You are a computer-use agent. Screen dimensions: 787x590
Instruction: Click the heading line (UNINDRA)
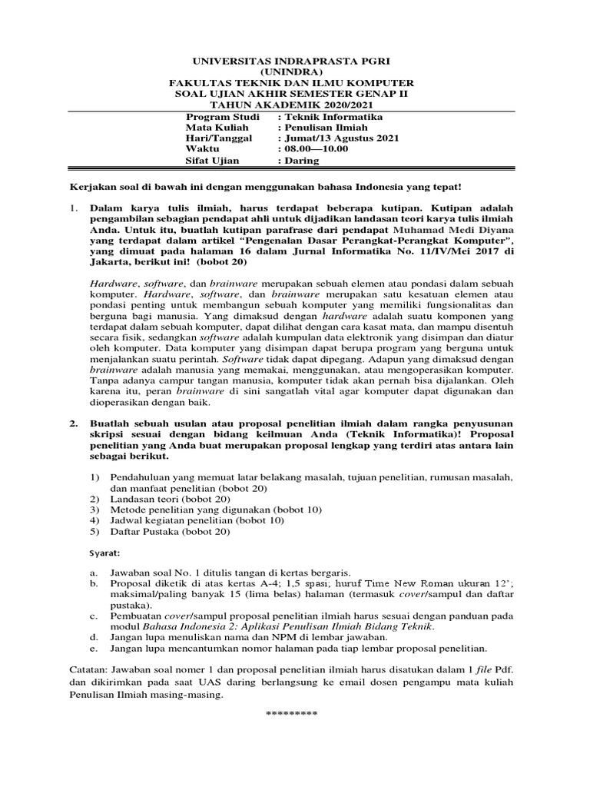coord(291,71)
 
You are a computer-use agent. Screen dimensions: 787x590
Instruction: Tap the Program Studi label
coord(217,116)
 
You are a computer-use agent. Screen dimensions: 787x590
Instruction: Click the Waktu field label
coord(201,148)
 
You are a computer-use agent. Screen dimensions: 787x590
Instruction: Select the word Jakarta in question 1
coord(111,261)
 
